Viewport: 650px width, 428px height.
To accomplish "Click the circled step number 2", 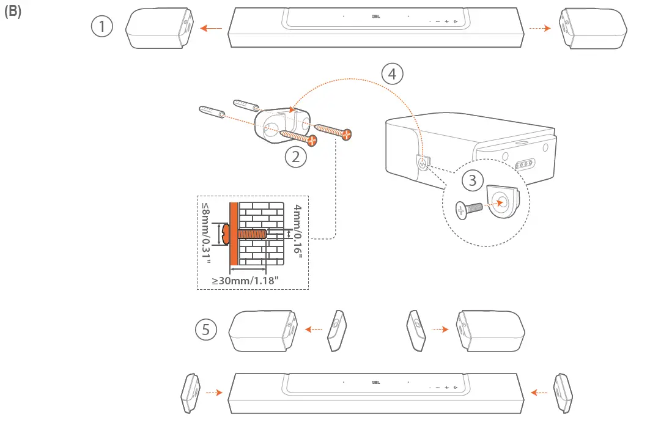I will (x=296, y=157).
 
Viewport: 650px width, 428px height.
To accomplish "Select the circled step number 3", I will (x=471, y=180).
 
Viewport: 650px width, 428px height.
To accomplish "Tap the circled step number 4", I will (x=392, y=73).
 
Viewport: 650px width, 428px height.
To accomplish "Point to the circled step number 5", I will (x=206, y=330).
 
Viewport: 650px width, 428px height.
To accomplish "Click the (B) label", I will (x=12, y=13).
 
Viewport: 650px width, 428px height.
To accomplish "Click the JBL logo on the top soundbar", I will (x=376, y=17).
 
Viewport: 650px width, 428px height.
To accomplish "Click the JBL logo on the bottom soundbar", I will (x=376, y=383).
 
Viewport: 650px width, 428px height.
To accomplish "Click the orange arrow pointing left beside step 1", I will (x=212, y=28).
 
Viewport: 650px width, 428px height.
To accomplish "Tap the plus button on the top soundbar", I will (x=446, y=22).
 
